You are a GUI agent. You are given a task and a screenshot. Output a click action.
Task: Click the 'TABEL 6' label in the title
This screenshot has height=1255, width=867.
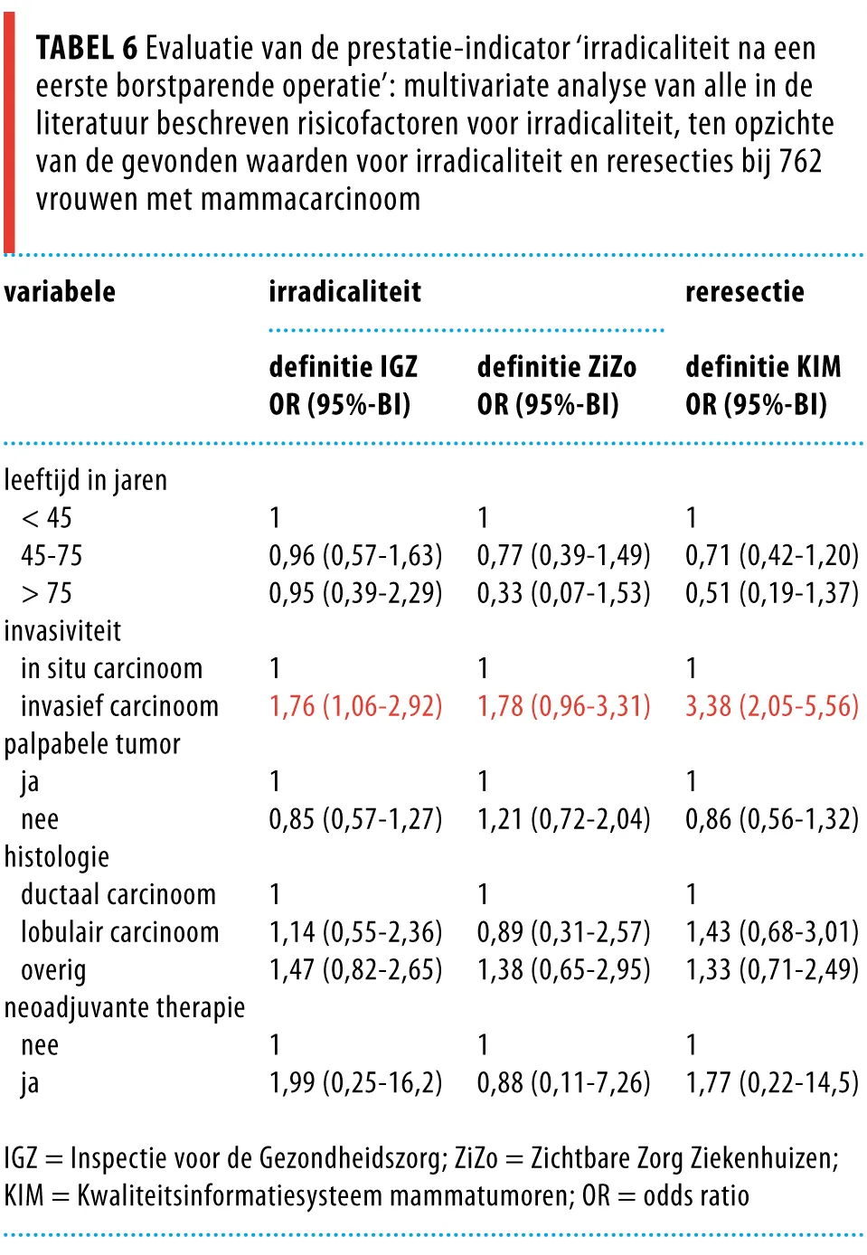[86, 48]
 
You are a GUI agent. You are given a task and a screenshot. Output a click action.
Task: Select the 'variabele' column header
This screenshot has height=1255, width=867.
[60, 292]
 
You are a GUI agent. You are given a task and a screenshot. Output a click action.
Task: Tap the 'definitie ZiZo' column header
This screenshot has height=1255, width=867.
[557, 367]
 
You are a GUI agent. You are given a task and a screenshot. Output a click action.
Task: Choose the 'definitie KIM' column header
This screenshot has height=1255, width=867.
[763, 367]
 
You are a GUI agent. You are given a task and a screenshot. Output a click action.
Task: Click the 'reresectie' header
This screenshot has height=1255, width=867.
[745, 292]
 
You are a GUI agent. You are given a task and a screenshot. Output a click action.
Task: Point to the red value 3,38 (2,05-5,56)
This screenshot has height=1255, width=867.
[772, 706]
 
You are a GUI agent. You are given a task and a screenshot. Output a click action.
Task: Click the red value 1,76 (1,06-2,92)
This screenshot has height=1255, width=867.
[355, 706]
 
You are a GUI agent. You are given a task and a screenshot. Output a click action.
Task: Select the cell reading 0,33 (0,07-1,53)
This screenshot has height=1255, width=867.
[564, 593]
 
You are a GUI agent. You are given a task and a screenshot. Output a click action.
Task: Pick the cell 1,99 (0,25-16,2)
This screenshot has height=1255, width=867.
[355, 1082]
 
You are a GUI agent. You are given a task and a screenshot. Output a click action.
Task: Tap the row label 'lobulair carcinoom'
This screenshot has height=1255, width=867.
[120, 932]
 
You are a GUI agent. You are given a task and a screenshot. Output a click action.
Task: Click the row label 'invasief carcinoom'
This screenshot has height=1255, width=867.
[120, 706]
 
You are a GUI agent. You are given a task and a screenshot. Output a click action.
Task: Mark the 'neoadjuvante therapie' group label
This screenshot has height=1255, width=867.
[125, 1007]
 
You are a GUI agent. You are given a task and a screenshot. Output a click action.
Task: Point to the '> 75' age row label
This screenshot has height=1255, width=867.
[46, 593]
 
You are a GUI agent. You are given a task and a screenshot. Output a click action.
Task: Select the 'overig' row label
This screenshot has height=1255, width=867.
[53, 971]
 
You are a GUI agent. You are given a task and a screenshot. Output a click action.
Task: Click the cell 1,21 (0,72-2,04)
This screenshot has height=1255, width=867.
[564, 819]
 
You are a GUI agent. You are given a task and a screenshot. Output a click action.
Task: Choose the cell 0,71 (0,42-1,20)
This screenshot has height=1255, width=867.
[772, 555]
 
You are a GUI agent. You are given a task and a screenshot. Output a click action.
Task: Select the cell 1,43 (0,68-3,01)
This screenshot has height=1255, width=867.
[772, 932]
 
